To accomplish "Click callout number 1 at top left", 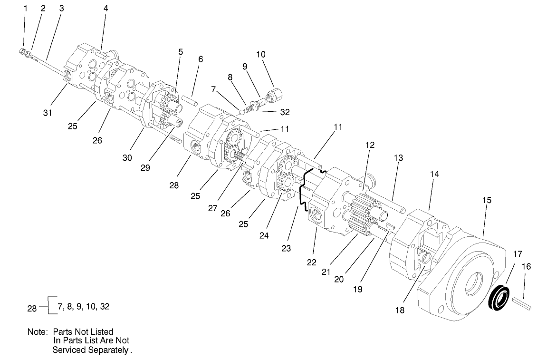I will click(26, 8).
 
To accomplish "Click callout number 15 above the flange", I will click(487, 200).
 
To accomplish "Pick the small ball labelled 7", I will click(241, 112).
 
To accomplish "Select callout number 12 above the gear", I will click(370, 145).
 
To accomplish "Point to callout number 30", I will click(127, 158).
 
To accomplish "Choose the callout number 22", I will click(311, 262).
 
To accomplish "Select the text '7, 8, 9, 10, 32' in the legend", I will click(83, 307).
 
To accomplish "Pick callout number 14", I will click(434, 174).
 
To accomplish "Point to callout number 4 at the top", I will click(105, 8).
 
